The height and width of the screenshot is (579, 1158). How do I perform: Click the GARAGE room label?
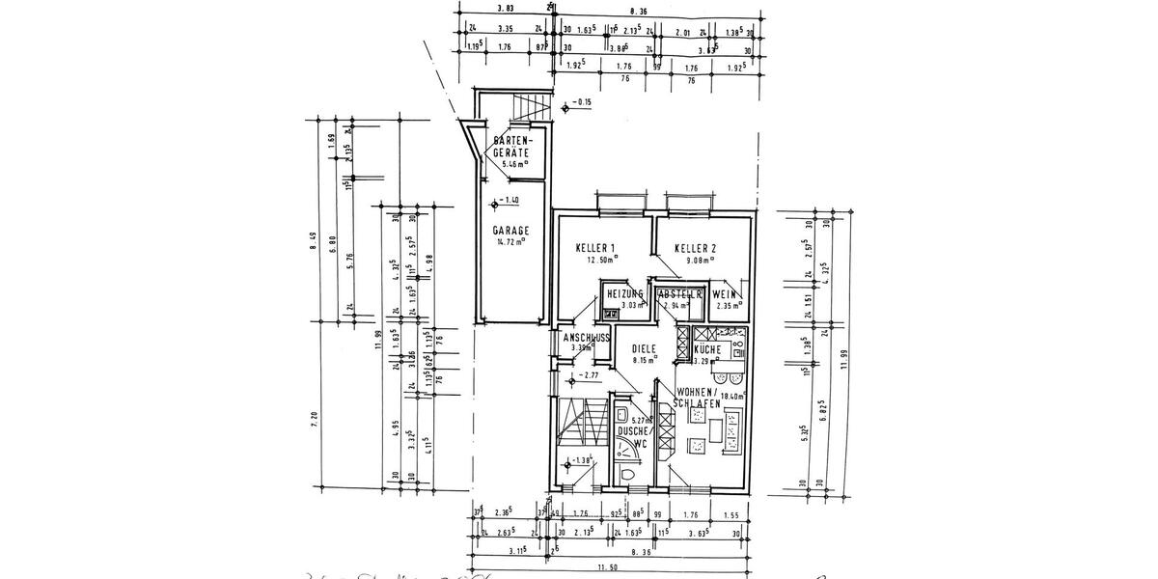point(510,232)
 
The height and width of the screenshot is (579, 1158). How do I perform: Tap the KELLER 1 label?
point(595,247)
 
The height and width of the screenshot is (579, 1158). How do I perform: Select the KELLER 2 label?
point(694,247)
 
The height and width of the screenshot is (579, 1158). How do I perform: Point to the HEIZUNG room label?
point(625,294)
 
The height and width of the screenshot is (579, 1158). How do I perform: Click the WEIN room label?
point(727,294)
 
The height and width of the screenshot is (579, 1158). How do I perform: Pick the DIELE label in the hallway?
point(645,348)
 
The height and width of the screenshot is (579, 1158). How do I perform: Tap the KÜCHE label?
point(709,349)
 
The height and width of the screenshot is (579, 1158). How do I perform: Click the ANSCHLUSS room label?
point(582,337)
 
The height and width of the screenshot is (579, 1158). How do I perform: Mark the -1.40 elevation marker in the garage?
point(506,201)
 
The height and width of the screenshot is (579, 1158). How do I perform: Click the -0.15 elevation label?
point(581,101)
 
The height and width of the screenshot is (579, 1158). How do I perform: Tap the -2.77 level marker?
point(589,375)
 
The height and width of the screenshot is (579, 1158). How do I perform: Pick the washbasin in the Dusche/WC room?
point(621,417)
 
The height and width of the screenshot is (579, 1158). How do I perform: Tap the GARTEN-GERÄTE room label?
point(510,147)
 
